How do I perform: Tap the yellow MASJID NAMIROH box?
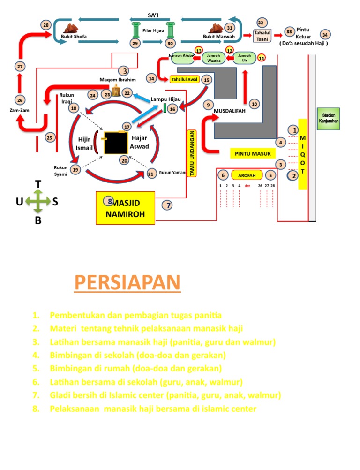point(125,207)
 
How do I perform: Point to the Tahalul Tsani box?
point(262,36)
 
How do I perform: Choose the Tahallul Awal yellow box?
point(185,79)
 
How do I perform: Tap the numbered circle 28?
point(45,25)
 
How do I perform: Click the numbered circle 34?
point(325,35)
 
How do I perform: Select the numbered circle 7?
point(168,205)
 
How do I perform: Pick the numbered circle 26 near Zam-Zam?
point(19,100)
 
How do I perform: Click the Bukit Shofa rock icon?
point(72,28)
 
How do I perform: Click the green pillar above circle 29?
point(136,29)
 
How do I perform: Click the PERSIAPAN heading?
point(127,283)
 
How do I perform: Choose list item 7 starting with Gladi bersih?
point(165,395)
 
